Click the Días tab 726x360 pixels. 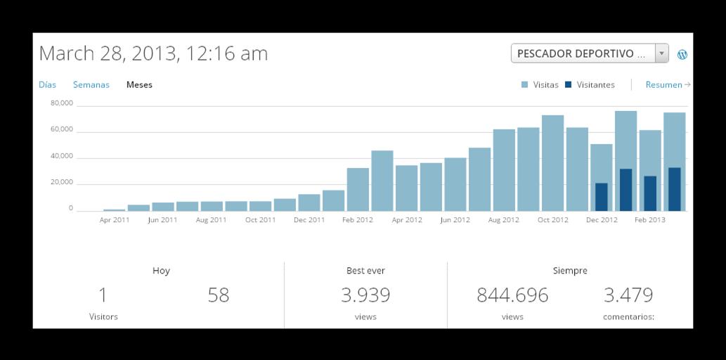pos(47,85)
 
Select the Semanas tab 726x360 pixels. pos(91,85)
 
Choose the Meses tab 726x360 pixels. pos(139,85)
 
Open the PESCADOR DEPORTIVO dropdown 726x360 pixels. pos(589,53)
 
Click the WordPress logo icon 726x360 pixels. pos(682,54)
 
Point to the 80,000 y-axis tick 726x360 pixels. pos(62,103)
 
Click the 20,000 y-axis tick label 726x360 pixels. pos(62,182)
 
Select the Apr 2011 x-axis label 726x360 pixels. pos(114,220)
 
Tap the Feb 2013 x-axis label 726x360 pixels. pos(650,220)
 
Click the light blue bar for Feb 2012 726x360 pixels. pos(358,189)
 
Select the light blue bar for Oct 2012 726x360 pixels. pos(552,163)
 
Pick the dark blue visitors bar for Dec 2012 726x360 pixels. pos(602,197)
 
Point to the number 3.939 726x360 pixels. pos(365,295)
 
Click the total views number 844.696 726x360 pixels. pos(512,295)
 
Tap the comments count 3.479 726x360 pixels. pos(628,295)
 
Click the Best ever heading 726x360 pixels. pos(365,271)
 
